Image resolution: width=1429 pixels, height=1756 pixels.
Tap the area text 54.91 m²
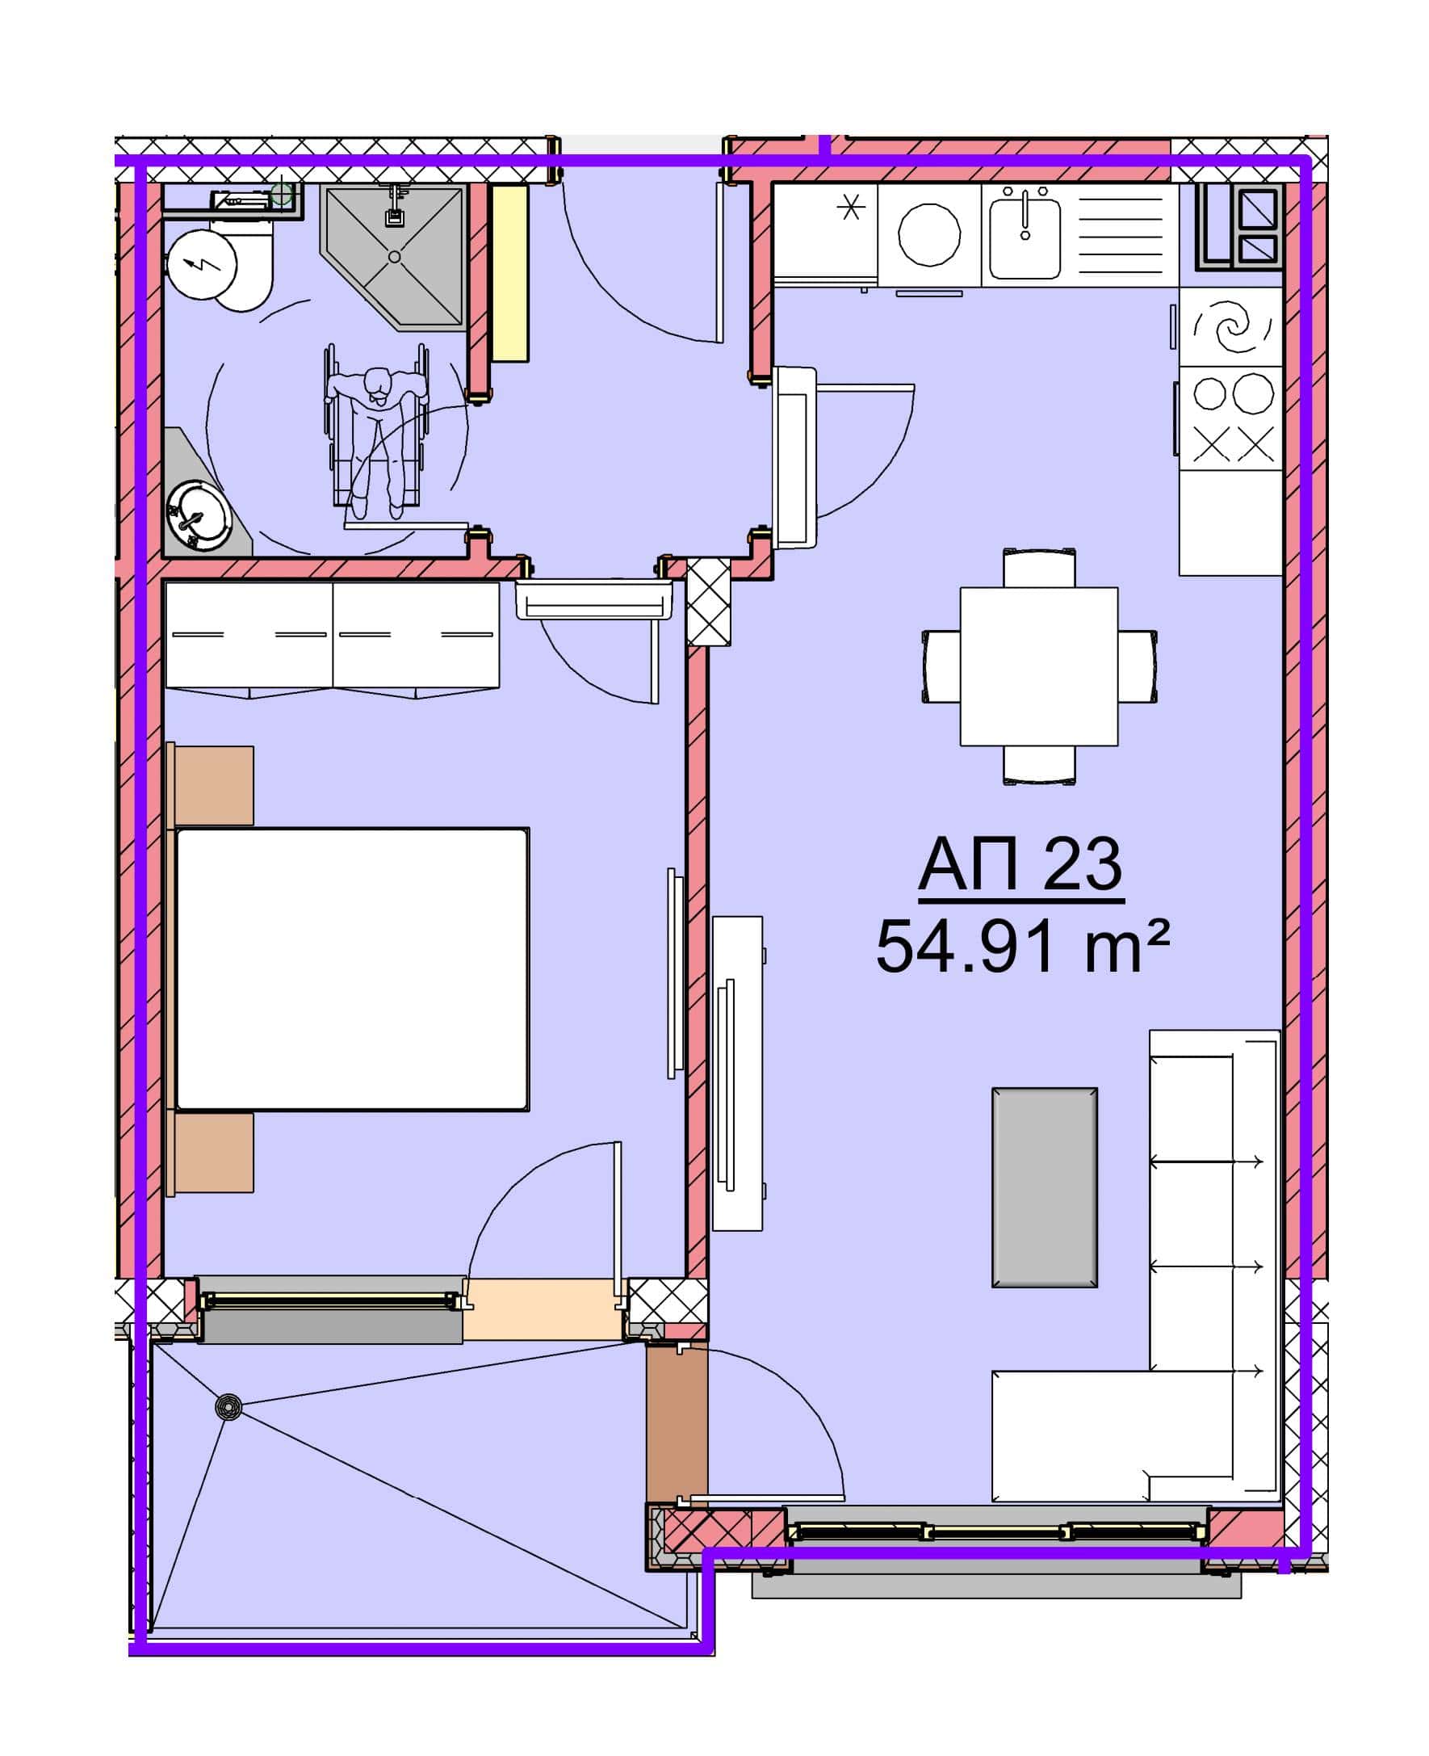(1022, 947)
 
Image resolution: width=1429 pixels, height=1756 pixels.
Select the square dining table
(1039, 666)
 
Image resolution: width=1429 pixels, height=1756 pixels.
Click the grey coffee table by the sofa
(1044, 1187)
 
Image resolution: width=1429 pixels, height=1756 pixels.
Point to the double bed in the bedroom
(352, 968)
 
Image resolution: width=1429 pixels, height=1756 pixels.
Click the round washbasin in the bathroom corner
(198, 515)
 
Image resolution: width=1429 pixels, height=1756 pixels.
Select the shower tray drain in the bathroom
(394, 257)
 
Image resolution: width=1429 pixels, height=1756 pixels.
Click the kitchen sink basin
(1025, 232)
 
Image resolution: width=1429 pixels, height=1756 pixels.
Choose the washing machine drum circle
(929, 234)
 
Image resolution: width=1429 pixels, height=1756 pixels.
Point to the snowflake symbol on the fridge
(851, 206)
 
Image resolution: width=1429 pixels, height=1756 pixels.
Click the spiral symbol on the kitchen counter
(1231, 326)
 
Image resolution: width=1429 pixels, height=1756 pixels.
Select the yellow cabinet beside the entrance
(509, 273)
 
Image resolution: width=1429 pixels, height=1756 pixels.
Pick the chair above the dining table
(1039, 569)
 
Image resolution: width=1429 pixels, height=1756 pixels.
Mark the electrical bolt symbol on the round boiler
(202, 264)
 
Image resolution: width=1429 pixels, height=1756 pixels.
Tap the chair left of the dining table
(941, 666)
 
